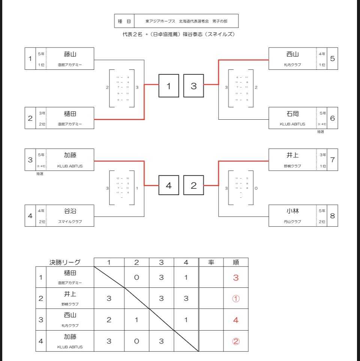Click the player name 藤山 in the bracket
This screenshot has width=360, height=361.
tap(70, 54)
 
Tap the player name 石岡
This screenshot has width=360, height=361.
tap(292, 114)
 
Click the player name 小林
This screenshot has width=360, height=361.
tap(292, 211)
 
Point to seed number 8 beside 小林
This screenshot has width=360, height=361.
tap(332, 215)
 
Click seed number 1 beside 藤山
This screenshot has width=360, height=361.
tap(30, 59)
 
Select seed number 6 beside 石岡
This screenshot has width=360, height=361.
tap(332, 118)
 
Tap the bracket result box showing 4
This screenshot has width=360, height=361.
tap(169, 185)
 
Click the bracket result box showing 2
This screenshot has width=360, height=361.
tap(193, 185)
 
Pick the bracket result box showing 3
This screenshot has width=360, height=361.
tap(193, 86)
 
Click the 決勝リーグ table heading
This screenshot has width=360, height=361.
tap(65, 262)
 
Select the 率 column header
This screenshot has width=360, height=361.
tap(211, 262)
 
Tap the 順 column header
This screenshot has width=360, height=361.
tap(236, 262)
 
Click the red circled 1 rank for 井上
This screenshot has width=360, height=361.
tap(236, 299)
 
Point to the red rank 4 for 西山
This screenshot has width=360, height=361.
tap(236, 320)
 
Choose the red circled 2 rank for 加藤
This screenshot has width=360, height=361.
tap(236, 341)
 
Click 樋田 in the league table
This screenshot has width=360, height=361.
tap(70, 274)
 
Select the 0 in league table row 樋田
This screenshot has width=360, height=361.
tap(136, 278)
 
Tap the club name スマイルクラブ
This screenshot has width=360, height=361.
tap(70, 222)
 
